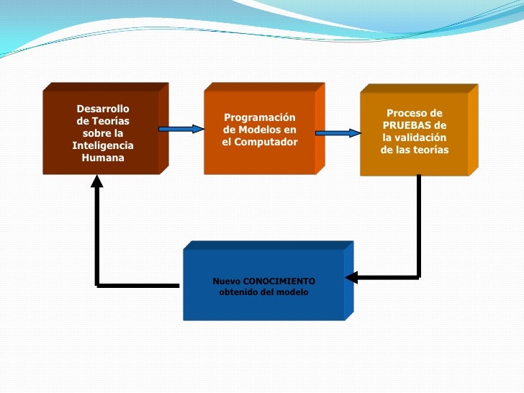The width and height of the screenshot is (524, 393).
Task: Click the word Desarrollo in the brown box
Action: click(x=103, y=109)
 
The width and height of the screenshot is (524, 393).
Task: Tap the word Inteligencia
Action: click(x=103, y=145)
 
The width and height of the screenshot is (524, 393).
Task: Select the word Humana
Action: click(x=103, y=158)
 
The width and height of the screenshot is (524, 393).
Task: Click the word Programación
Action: click(x=260, y=117)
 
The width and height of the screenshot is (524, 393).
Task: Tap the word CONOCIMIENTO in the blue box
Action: click(x=279, y=281)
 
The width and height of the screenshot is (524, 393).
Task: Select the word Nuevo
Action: click(x=227, y=281)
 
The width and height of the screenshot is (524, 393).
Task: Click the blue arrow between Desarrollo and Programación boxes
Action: click(x=181, y=129)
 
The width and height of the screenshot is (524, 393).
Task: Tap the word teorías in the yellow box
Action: click(x=430, y=150)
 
